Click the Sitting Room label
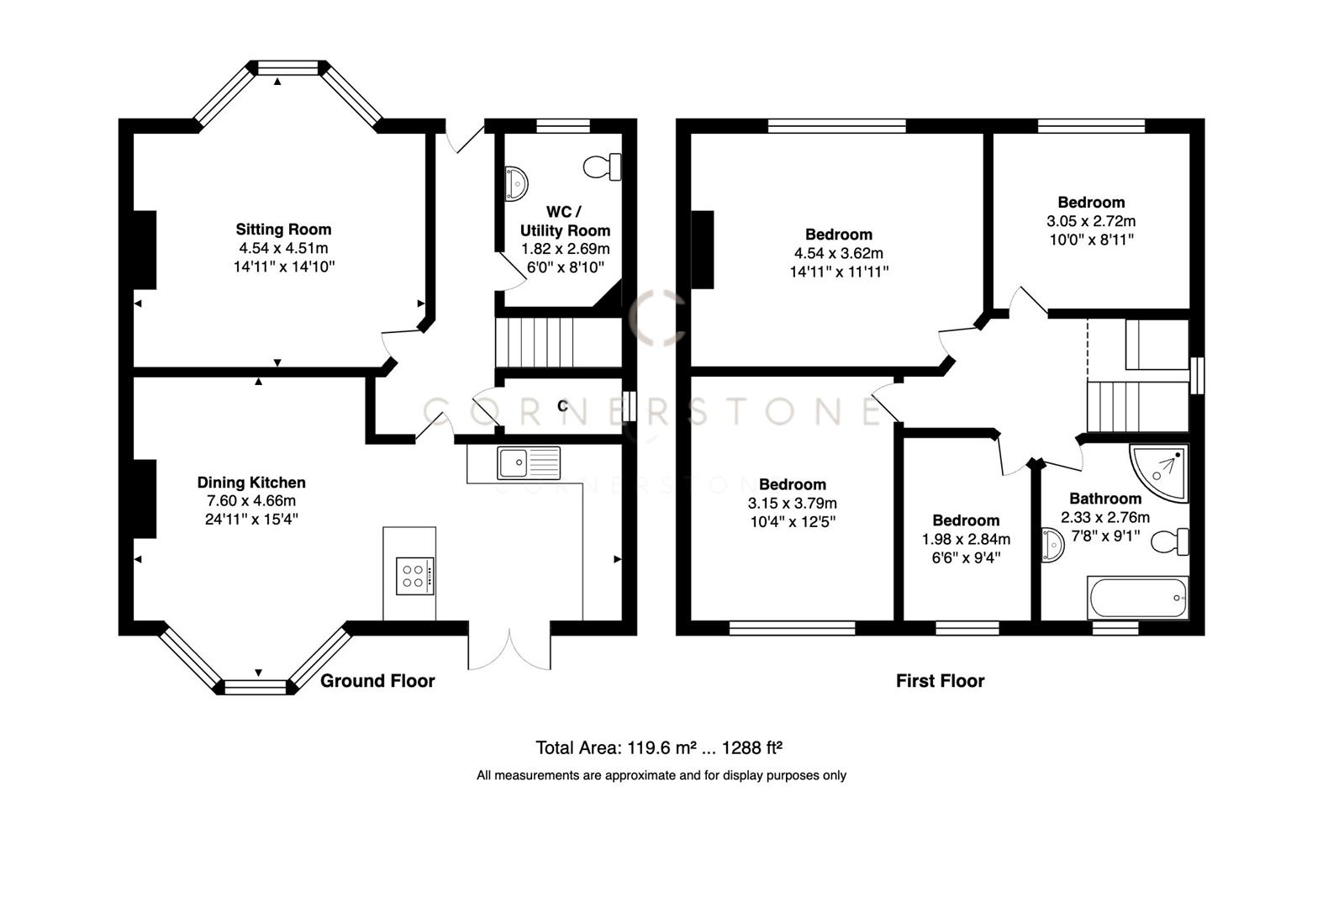click(x=283, y=229)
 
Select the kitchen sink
click(x=528, y=462)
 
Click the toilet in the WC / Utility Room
click(x=603, y=166)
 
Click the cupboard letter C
click(x=562, y=407)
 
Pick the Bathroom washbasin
click(x=1052, y=545)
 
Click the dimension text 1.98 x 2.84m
click(x=966, y=539)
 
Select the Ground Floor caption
click(x=377, y=681)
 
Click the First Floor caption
click(x=940, y=681)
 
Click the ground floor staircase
click(x=535, y=342)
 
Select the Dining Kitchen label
click(x=251, y=483)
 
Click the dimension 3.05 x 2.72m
click(x=1091, y=221)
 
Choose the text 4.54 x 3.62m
click(x=838, y=253)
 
